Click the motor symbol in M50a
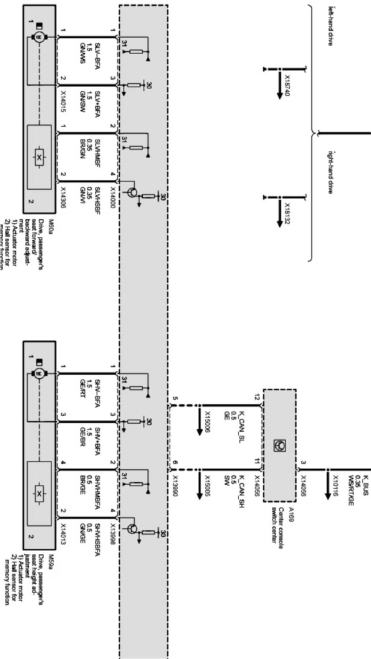[x=38, y=37]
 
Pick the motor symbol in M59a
[x=38, y=373]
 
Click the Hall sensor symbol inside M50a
[x=39, y=157]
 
